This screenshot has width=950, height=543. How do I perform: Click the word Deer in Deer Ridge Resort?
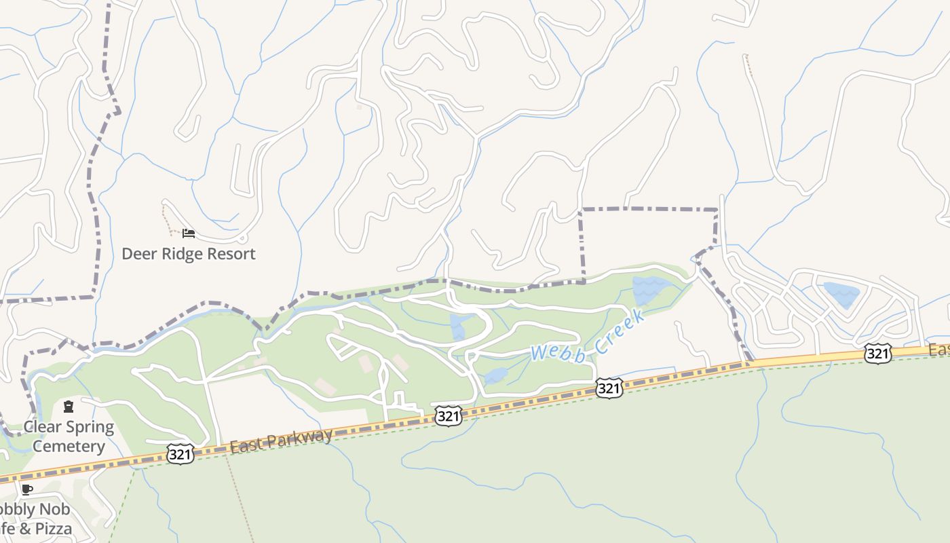(x=138, y=254)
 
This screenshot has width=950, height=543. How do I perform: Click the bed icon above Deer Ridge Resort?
(x=189, y=233)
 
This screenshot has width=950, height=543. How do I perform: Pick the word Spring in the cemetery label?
(x=90, y=428)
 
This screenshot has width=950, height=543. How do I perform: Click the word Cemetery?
(x=69, y=447)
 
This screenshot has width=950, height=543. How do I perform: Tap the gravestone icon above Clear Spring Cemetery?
(x=69, y=407)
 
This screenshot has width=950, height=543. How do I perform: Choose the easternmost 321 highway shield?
(x=878, y=353)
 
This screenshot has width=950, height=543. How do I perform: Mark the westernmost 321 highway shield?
(x=180, y=453)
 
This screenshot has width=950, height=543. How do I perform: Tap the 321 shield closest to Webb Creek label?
(x=609, y=388)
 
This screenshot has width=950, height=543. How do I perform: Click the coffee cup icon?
(x=26, y=489)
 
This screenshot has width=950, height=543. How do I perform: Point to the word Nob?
(x=54, y=510)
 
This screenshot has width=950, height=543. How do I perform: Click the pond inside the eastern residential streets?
(x=841, y=294)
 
